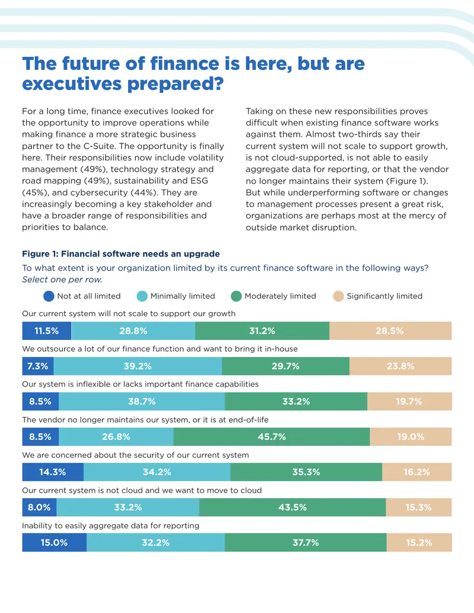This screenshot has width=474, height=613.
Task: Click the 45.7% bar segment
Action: click(271, 437)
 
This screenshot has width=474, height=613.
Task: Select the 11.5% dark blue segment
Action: click(47, 330)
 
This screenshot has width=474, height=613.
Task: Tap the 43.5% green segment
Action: click(293, 507)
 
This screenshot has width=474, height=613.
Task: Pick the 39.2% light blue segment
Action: click(137, 366)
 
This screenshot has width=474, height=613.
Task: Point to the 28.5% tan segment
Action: click(390, 330)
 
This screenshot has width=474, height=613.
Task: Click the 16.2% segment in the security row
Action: click(417, 472)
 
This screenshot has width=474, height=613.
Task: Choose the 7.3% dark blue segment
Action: click(38, 366)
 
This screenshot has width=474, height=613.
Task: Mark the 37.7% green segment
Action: click(306, 543)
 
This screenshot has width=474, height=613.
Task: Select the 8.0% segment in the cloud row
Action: click(39, 507)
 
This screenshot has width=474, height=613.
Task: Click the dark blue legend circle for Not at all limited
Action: click(49, 296)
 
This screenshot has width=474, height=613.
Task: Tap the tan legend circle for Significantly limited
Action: click(338, 296)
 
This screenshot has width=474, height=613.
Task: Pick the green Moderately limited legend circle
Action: click(236, 296)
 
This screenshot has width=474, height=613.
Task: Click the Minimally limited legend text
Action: click(182, 296)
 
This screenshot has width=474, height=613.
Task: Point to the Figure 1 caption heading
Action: click(121, 253)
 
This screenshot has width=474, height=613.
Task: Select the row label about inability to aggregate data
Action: click(111, 525)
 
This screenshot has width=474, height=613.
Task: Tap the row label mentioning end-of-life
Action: click(145, 420)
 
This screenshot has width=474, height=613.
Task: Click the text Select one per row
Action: click(62, 280)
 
